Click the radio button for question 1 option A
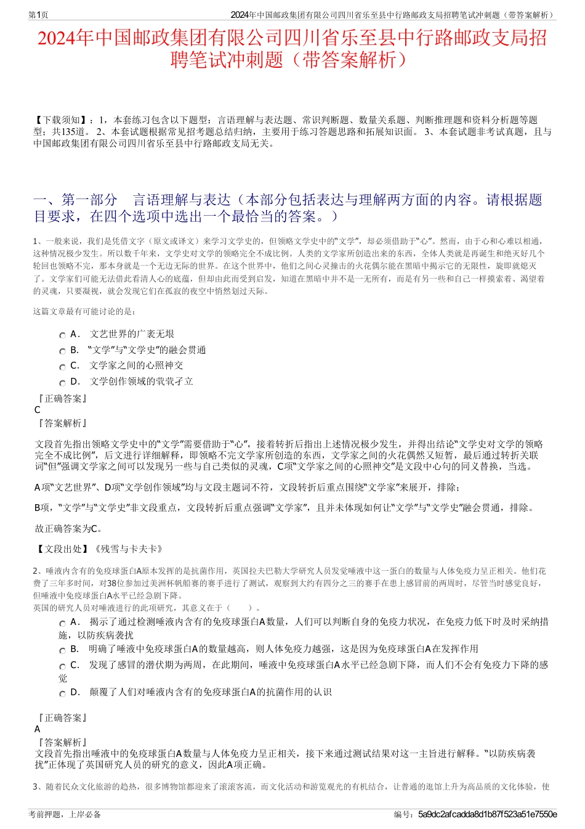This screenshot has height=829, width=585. point(62,335)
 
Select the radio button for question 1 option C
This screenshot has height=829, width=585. point(62,367)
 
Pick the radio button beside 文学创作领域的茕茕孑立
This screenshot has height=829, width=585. point(62,383)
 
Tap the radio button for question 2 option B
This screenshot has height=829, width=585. point(62,650)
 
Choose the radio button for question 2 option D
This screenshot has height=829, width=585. point(62,693)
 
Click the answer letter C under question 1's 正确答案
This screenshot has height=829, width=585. point(38,410)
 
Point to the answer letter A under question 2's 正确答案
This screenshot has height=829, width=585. point(38,729)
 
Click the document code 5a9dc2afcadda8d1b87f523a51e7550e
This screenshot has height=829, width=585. point(487,814)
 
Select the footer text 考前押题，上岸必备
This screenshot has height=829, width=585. point(65,814)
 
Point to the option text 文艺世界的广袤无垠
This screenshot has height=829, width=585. point(132,334)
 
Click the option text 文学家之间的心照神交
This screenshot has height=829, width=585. point(136,365)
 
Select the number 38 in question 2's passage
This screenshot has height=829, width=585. point(112,583)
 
